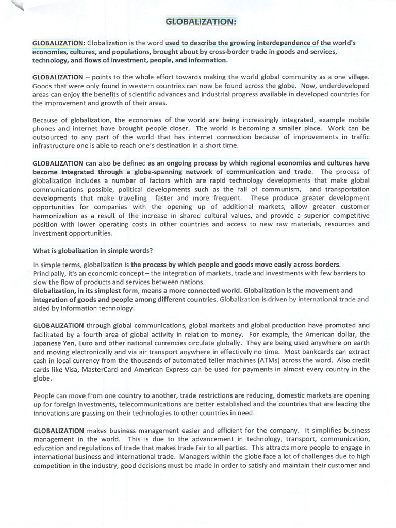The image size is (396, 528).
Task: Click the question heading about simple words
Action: (x=93, y=251)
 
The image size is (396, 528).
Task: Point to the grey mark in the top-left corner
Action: (x=19, y=6)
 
